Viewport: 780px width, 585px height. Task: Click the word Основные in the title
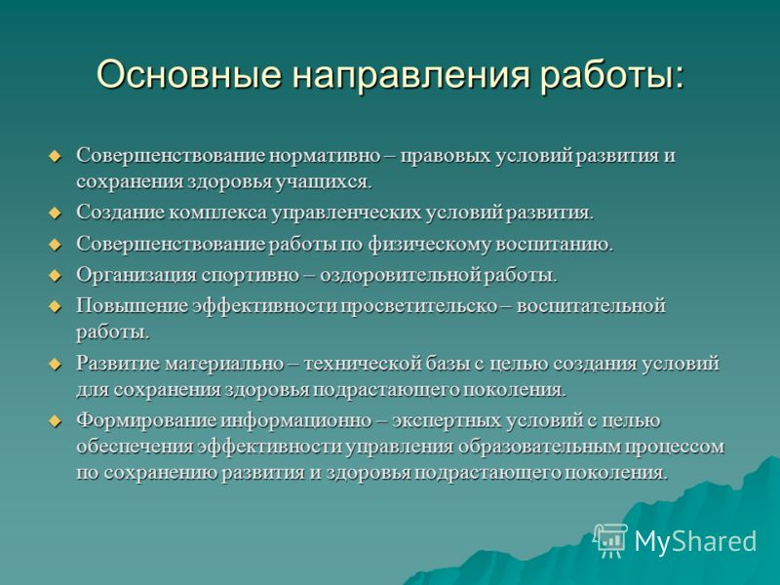click(189, 75)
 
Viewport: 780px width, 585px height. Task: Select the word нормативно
click(325, 156)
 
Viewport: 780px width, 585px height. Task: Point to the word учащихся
click(324, 182)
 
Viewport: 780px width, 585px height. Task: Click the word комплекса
click(217, 213)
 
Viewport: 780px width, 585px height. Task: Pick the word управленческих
click(346, 214)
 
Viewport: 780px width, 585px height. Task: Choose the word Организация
click(136, 275)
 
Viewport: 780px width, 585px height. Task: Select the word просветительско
click(419, 306)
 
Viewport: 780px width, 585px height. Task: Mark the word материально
click(224, 364)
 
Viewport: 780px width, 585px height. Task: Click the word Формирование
click(146, 421)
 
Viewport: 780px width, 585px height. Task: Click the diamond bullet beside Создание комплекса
click(55, 214)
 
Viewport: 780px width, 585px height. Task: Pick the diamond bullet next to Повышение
click(55, 306)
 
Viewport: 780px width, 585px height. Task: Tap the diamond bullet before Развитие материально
click(55, 364)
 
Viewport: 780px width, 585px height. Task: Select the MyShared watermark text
click(695, 540)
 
